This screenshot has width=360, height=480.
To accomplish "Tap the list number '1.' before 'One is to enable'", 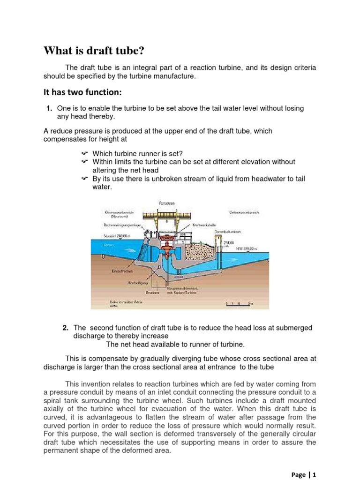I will click(49, 108).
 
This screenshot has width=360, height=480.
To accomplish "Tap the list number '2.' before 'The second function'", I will click(66, 328).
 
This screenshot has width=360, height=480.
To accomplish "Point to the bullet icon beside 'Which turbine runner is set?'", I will click(84, 153).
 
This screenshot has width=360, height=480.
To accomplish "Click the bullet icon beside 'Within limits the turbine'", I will click(84, 162).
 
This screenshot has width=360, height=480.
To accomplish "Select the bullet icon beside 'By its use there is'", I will click(84, 179).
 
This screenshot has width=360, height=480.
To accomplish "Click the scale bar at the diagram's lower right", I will click(240, 303).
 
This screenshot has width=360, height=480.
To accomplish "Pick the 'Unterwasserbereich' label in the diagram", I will click(244, 212).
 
